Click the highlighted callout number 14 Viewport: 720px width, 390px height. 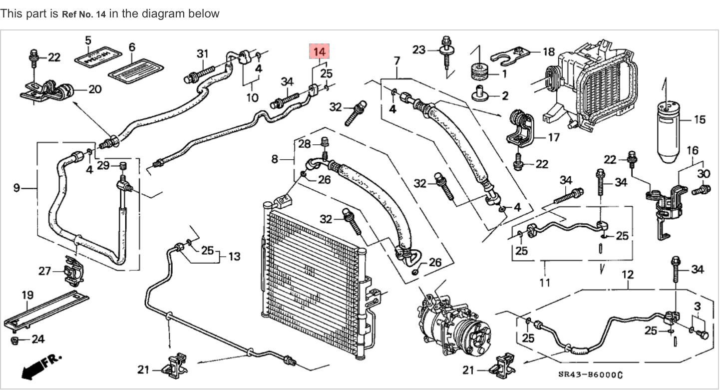coord(320,51)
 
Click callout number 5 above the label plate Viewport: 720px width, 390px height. coord(88,40)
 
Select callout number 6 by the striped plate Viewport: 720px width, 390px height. coord(132,47)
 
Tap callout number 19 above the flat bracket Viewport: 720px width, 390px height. coord(27,295)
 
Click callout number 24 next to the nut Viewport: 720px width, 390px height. coord(38,340)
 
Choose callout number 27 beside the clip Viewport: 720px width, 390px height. coord(45,271)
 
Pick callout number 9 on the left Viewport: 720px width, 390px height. coord(16,188)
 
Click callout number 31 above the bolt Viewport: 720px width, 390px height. coord(202,53)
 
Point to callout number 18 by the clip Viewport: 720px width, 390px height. coord(548,51)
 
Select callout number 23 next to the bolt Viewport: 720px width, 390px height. coord(419,49)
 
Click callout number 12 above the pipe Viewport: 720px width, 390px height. coord(628,274)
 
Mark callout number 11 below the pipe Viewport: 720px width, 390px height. coord(545,283)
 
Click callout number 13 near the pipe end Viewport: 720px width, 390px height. coord(234,256)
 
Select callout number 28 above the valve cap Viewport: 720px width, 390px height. coord(305,144)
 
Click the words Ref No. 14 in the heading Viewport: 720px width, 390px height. coord(84,14)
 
